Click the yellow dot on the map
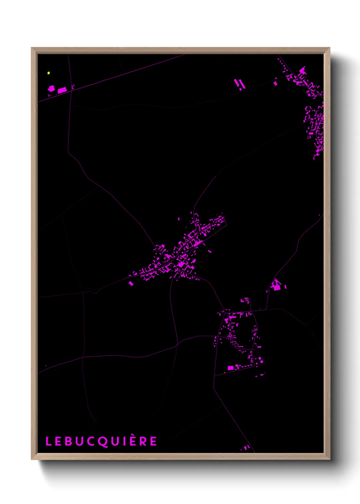[x=49, y=73]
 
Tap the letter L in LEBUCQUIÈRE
[x=48, y=441]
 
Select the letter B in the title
[x=67, y=441]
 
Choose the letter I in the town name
[x=123, y=441]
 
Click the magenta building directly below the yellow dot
[x=52, y=89]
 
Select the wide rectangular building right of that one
[x=62, y=90]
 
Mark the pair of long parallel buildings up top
[x=239, y=83]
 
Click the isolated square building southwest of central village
[x=131, y=283]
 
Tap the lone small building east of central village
[x=210, y=252]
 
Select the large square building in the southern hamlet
[x=231, y=368]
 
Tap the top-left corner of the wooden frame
[x=32, y=48]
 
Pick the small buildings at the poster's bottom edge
[x=247, y=447]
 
